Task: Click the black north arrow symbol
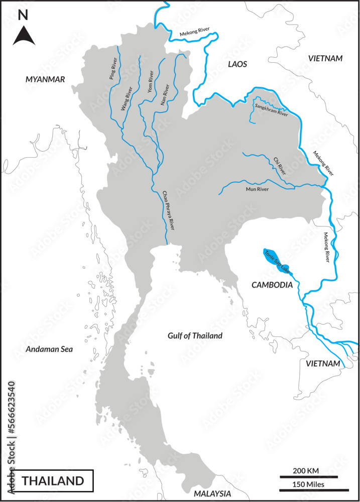(23, 36)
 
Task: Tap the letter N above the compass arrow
(23, 16)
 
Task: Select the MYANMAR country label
(46, 79)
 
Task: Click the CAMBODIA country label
(272, 285)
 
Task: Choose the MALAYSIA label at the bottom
(210, 493)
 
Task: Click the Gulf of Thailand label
(195, 336)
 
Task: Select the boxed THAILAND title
(53, 480)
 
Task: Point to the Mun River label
(257, 189)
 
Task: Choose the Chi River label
(280, 166)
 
